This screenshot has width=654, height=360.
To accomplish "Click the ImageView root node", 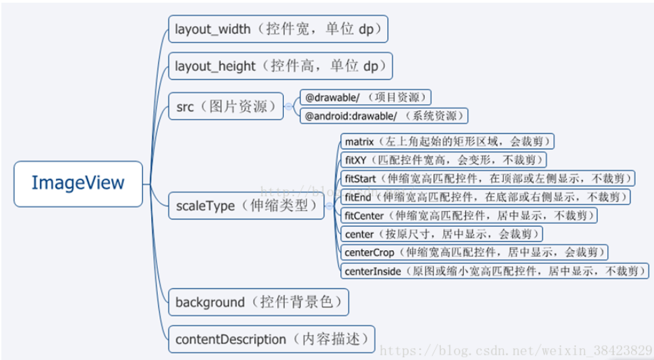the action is click(78, 183).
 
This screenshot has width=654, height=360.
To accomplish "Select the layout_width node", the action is click(278, 30).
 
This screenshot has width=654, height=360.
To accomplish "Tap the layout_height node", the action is click(280, 67).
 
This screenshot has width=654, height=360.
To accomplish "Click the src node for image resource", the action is click(226, 107).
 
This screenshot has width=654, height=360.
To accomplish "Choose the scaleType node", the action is click(246, 206).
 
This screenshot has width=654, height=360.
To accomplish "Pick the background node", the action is click(259, 302).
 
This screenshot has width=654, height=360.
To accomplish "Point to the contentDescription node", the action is click(271, 339).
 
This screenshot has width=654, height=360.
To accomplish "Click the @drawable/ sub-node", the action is click(365, 98).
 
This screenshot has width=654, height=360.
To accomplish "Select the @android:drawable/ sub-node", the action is click(384, 116).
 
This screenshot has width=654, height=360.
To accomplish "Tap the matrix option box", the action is click(447, 142).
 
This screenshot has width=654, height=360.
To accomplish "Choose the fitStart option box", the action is click(487, 178).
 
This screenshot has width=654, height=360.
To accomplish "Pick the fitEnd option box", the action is click(485, 197).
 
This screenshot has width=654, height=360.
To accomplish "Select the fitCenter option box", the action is click(469, 215).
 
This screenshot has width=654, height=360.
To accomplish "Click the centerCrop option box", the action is click(474, 252).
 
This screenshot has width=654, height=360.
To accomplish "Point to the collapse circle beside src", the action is click(289, 107).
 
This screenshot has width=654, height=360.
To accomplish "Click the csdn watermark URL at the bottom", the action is click(516, 351).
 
